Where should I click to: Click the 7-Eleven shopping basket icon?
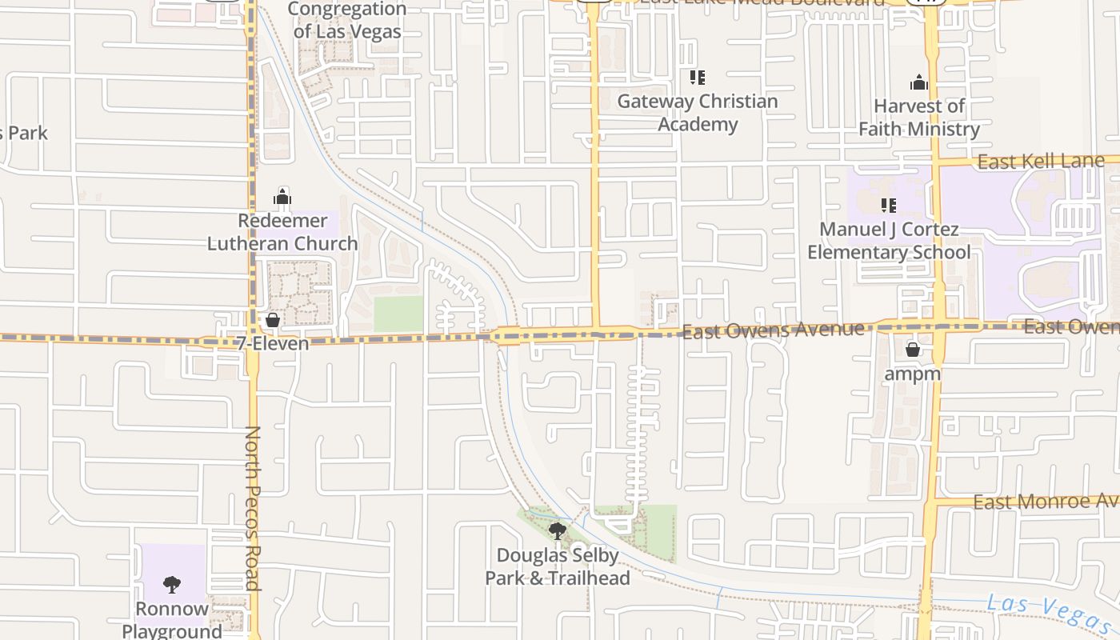273,320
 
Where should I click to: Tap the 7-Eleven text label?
272,343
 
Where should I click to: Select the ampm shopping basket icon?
913,350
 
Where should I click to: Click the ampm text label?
913,373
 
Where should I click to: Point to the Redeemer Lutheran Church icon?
282,196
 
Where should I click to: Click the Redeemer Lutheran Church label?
282,232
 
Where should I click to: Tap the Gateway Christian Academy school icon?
698,78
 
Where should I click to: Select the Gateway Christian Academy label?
698,113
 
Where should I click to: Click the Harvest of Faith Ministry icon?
919,82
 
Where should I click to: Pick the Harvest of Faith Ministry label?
919,118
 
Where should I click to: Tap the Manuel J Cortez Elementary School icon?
888,206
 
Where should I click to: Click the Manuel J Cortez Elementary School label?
889,241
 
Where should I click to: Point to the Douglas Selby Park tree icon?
558,530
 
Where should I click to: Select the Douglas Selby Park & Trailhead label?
558,566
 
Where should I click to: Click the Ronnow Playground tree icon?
172,584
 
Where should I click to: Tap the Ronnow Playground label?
172,620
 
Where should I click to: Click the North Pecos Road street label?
253,508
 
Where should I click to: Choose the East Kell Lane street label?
1041,162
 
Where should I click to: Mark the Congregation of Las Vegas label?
347,21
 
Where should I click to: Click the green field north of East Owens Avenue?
398,314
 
